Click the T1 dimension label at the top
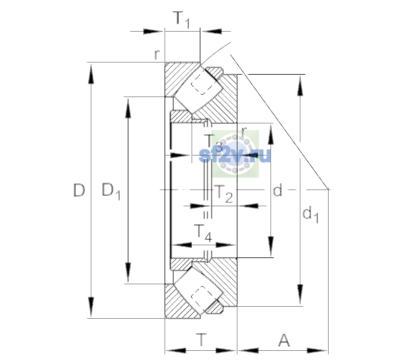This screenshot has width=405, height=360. coord(182,20)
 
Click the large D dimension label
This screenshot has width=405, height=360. coord(79,190)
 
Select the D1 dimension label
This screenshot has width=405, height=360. coord(111,191)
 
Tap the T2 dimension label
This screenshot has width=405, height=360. coord(223,194)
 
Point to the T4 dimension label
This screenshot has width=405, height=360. coord(202,233)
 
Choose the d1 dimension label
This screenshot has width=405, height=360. coord(310,215)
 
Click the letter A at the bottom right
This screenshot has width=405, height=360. coord(284,340)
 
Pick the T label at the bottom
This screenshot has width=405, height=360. coord(201,340)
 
